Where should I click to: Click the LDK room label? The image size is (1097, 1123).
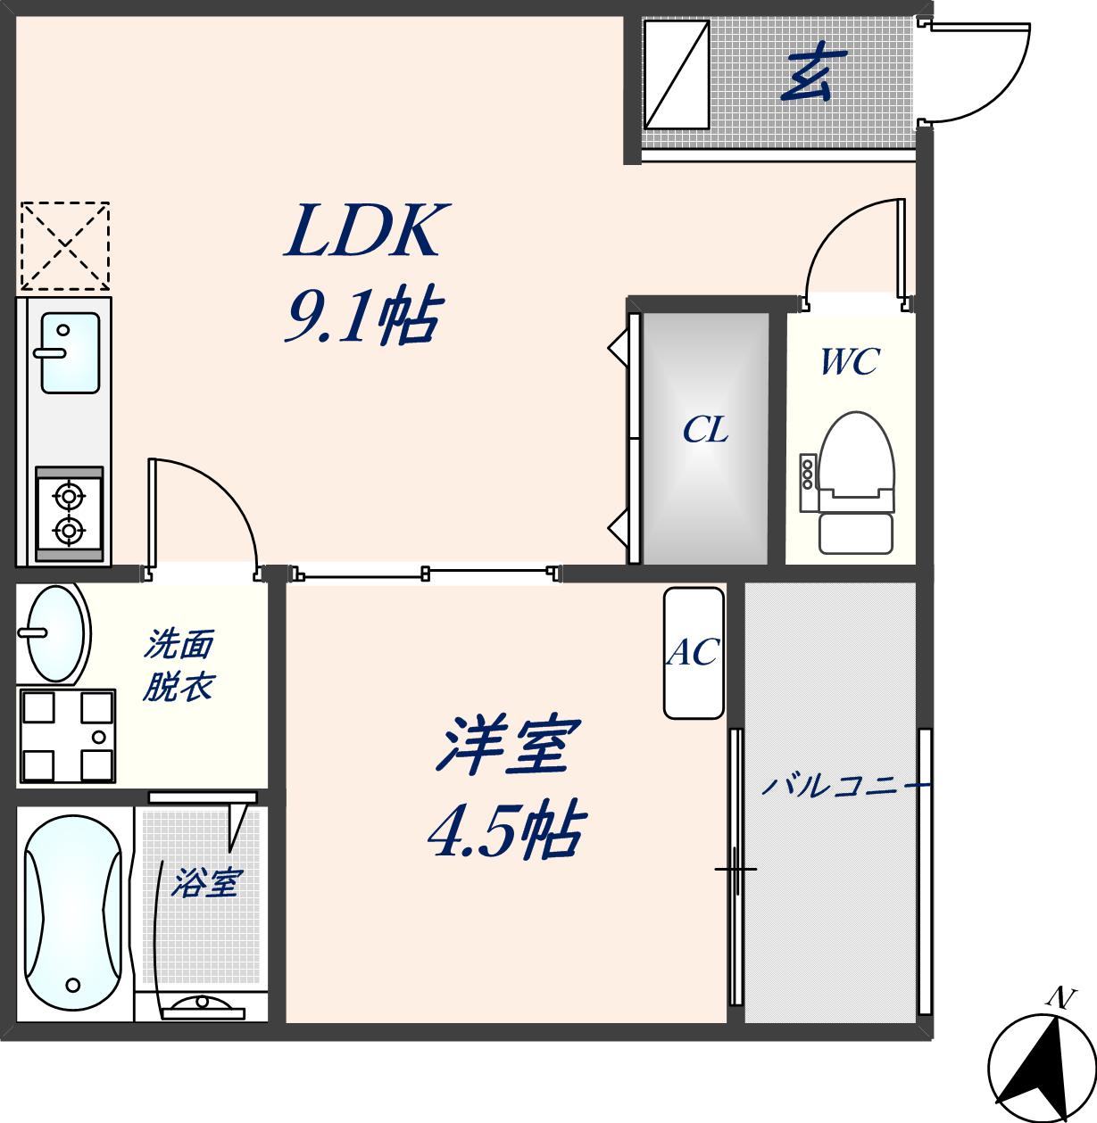coord(362,231)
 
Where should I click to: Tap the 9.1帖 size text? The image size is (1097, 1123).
coord(362,318)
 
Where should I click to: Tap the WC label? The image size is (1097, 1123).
coord(850,361)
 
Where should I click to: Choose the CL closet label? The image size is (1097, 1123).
coord(705,431)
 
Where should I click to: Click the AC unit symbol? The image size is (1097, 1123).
coord(694,653)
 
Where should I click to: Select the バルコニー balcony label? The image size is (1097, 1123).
coord(844,787)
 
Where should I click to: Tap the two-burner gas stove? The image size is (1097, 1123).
coord(69,515)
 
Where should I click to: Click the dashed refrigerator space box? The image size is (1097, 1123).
coord(64,246)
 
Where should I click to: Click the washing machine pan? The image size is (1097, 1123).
coord(67,737)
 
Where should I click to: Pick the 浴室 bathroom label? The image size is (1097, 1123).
coord(205,883)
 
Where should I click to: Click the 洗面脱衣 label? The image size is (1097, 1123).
coord(179,665)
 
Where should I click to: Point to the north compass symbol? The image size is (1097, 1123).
coord(1042,1066)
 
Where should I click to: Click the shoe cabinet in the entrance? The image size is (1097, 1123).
coord(677,74)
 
